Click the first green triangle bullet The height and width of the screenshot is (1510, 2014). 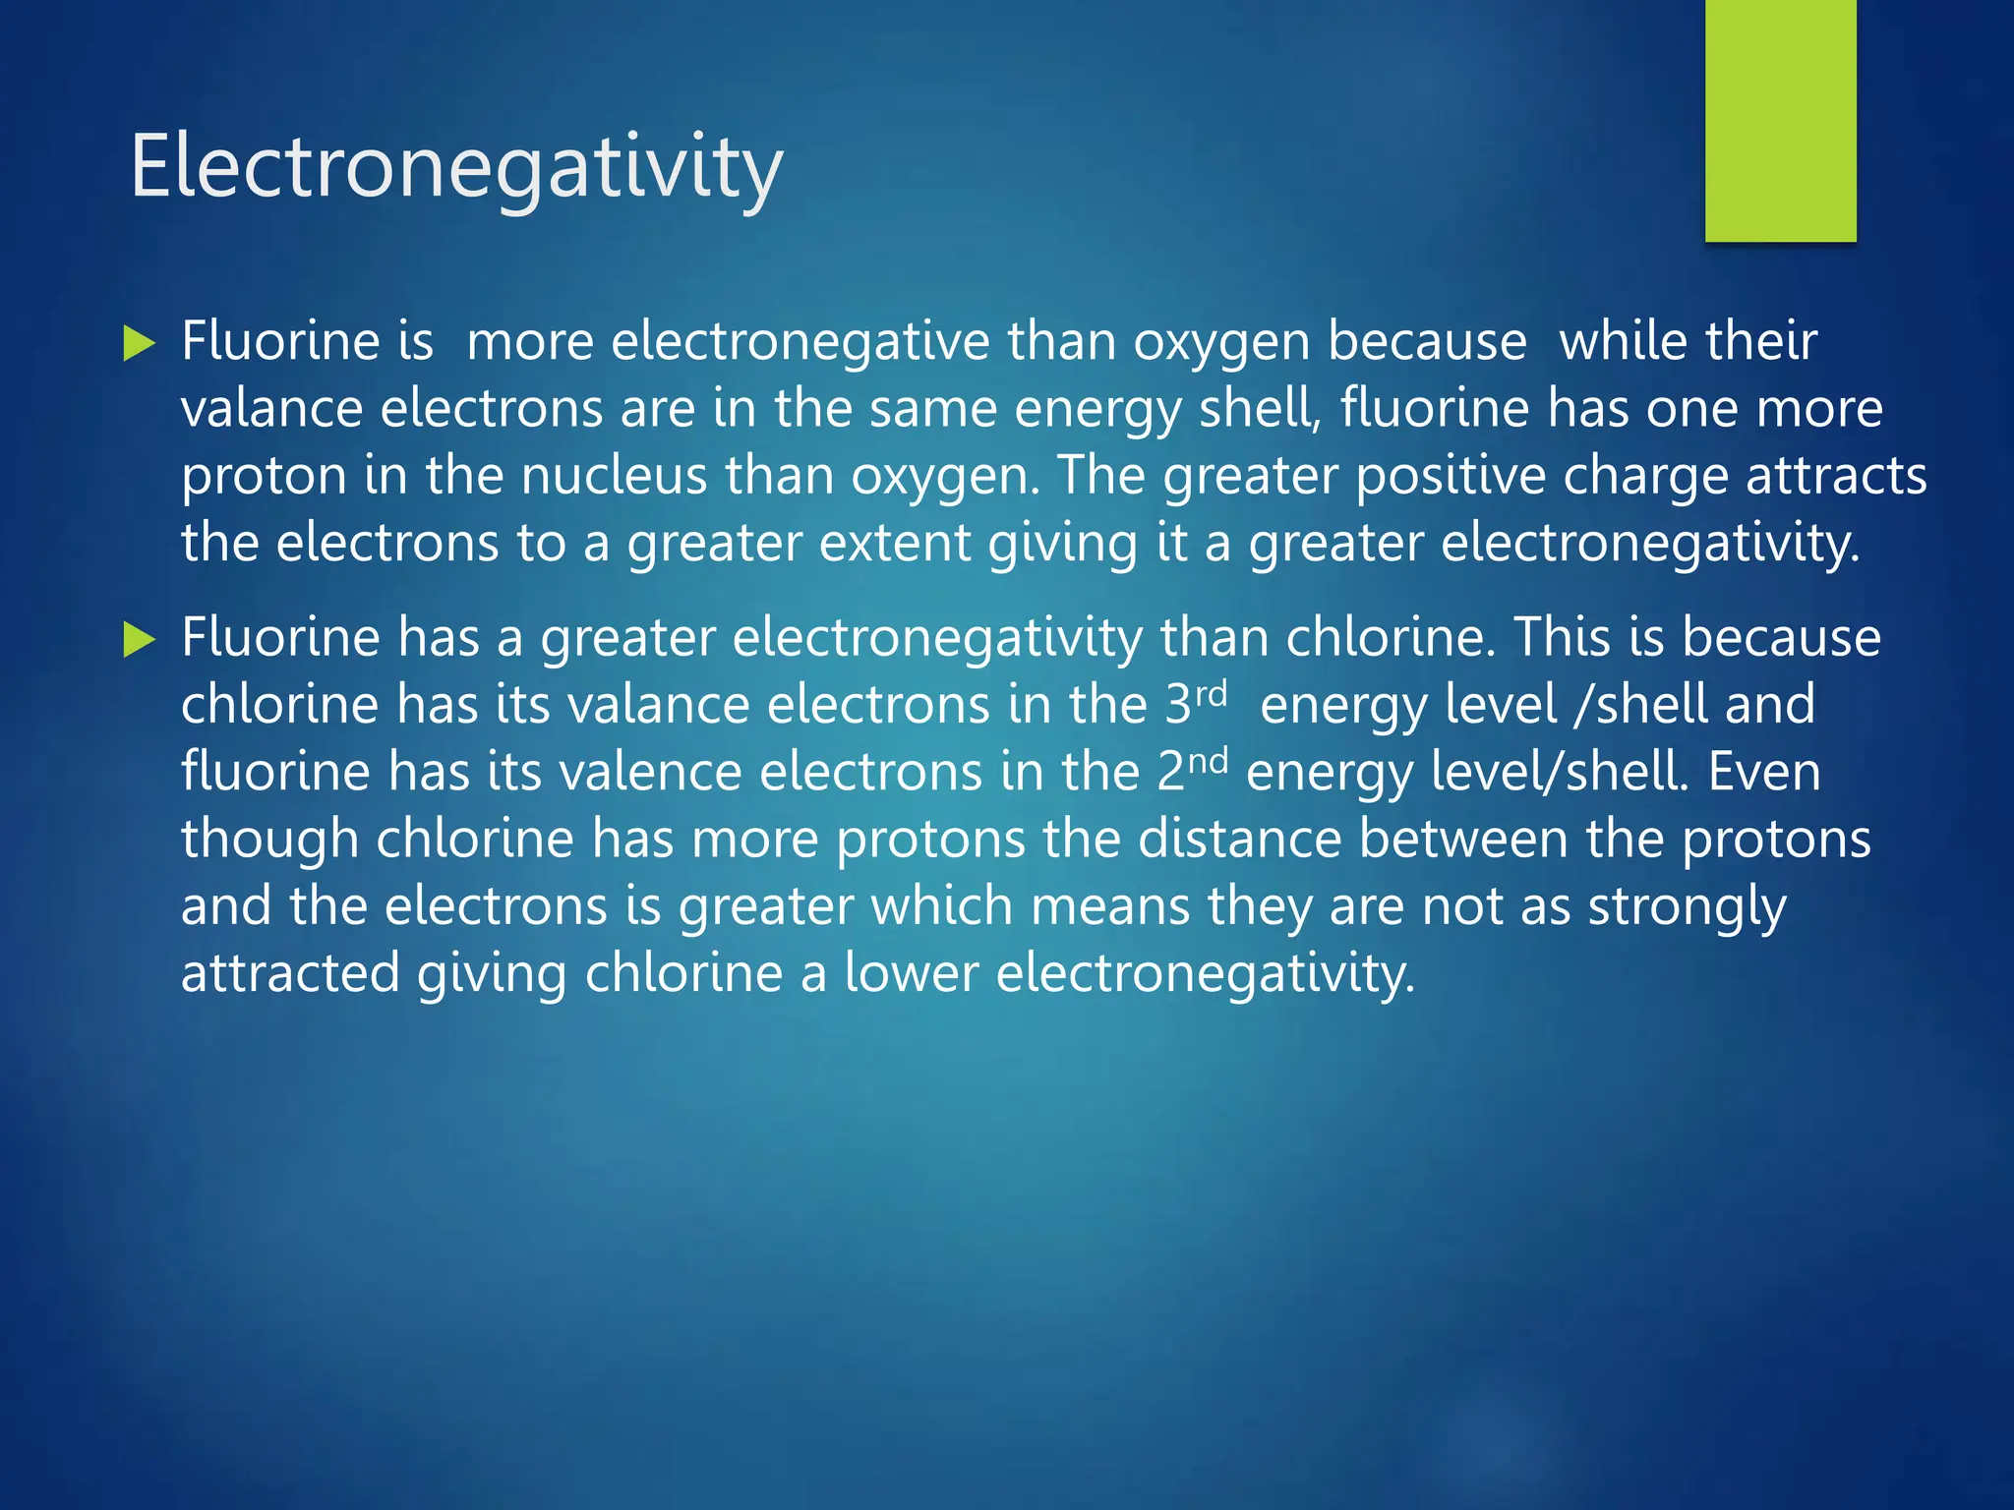(140, 345)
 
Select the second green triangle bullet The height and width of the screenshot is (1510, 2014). (140, 642)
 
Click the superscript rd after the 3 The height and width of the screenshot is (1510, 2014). (1211, 694)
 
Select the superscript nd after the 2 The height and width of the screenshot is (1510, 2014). (1209, 761)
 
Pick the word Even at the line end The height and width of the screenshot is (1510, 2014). (1764, 772)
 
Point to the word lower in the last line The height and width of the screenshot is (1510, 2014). (911, 973)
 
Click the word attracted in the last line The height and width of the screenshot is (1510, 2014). (290, 973)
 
